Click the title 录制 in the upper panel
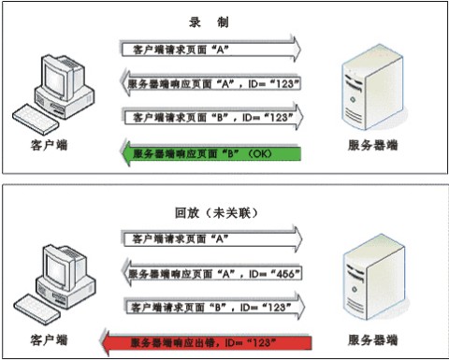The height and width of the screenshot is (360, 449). [209, 22]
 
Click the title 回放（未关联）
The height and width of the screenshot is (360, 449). [216, 213]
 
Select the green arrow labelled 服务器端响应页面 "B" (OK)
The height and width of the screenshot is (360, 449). [211, 153]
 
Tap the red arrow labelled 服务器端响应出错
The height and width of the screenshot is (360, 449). [206, 342]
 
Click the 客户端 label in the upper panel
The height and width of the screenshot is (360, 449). [49, 145]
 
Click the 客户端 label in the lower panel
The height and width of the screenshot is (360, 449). [49, 339]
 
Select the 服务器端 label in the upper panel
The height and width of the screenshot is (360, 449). [373, 145]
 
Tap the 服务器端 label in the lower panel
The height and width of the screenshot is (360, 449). [373, 339]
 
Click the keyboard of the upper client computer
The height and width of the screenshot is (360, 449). [36, 120]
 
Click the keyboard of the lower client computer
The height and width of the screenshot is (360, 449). [36, 310]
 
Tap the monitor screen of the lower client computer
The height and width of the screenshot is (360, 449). [57, 269]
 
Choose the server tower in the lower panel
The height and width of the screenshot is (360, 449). [374, 278]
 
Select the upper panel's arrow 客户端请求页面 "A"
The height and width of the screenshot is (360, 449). [211, 49]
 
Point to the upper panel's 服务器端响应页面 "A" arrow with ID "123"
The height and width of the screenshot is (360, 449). [211, 83]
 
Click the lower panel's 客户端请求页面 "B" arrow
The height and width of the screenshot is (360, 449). [214, 307]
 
